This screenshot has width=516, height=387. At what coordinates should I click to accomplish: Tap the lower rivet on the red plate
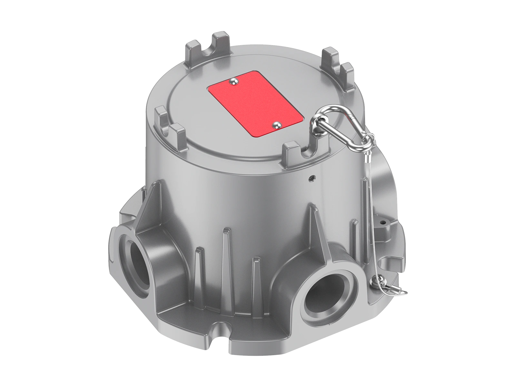pos(277,124)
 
